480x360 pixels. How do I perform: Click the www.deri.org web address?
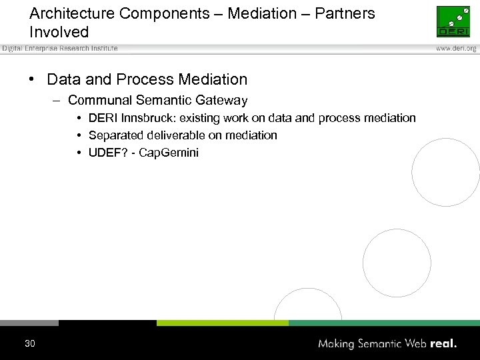coord(456,49)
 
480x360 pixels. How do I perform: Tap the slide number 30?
coord(29,344)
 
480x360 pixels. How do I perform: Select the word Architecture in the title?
coord(70,13)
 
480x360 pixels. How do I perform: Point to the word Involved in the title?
coord(59,32)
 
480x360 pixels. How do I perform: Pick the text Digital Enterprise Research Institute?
coord(59,49)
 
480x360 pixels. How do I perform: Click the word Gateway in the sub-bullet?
coord(221,101)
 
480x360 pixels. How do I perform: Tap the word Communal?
coord(97,101)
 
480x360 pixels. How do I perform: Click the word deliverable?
coord(177,135)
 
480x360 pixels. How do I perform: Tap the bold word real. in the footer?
coord(443,344)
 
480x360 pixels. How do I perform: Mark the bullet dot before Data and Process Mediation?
coord(32,80)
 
